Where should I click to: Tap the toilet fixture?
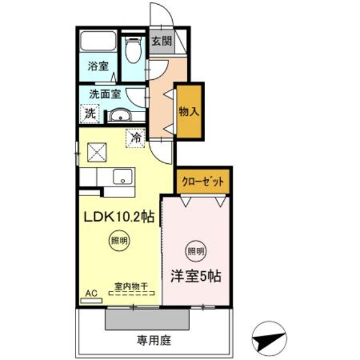click(133, 50)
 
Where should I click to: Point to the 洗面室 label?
click(105, 94)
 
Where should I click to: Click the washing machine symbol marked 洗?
click(89, 112)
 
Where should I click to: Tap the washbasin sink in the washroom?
click(123, 115)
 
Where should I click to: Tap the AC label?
click(92, 293)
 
